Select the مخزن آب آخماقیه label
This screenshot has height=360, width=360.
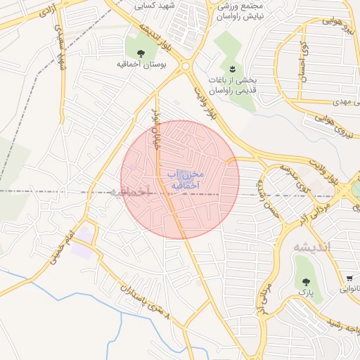pos(186,179)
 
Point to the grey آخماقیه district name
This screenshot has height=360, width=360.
pos(131,191)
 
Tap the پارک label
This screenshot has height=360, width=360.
pos(305,290)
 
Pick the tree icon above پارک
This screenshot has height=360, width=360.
pos(305,281)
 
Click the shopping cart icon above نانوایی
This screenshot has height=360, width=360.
pos(349,279)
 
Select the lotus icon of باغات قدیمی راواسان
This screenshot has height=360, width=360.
pos(232,67)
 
